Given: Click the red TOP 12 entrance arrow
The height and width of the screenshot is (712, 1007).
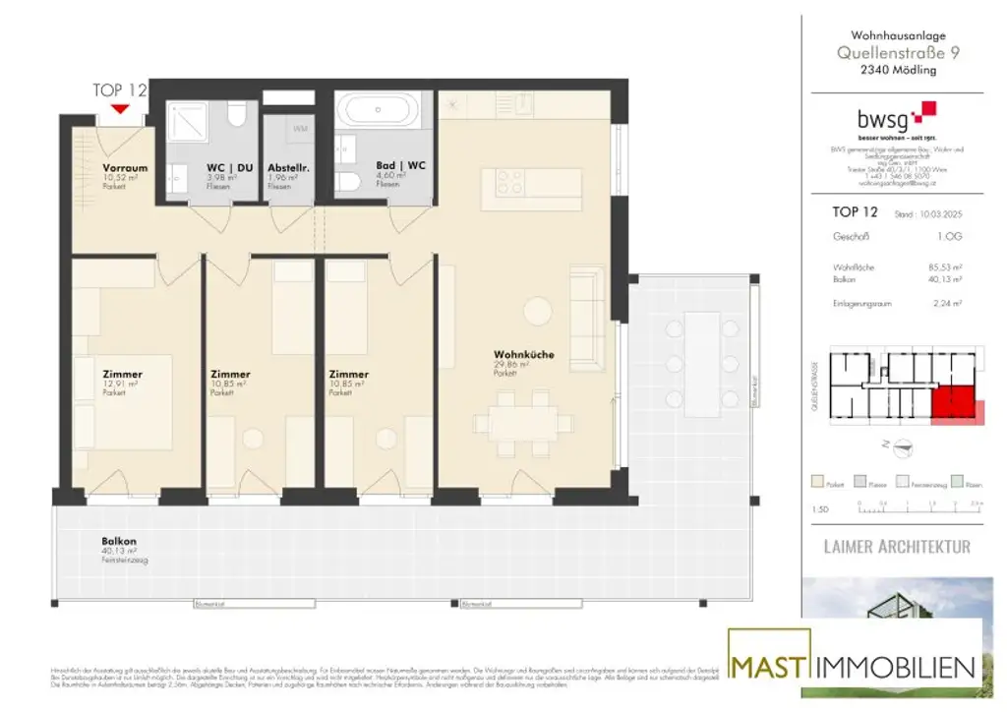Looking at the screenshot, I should click(120, 108).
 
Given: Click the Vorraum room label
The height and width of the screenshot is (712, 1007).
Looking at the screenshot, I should click(125, 168).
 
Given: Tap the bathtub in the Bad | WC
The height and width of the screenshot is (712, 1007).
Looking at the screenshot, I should click(378, 108).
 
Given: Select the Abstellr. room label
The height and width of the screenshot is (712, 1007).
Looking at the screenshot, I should click(289, 168).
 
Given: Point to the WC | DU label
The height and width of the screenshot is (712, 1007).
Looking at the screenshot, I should click(230, 168).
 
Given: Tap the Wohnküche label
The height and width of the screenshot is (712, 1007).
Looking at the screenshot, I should click(519, 354).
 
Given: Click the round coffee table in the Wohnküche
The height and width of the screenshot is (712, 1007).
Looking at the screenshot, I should click(538, 311).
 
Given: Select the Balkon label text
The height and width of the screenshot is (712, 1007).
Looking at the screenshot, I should click(118, 542).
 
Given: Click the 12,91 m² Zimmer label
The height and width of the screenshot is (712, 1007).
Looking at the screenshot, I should click(122, 375).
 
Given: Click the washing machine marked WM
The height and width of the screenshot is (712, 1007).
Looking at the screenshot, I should click(299, 128).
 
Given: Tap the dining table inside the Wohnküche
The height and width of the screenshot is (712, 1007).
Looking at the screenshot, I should click(522, 423).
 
